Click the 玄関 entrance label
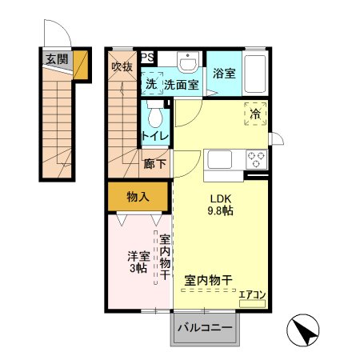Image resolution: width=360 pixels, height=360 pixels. pyautogui.click(x=56, y=58)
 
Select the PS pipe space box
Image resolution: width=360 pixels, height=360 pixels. pyautogui.click(x=148, y=57)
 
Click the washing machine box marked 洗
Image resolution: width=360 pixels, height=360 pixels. pyautogui.click(x=151, y=83)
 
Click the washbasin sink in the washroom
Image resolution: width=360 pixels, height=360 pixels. pyautogui.click(x=189, y=63)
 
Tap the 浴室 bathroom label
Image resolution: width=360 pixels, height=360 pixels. pyautogui.click(x=223, y=74)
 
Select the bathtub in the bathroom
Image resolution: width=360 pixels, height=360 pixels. pyautogui.click(x=256, y=74)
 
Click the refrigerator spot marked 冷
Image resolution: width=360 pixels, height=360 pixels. pyautogui.click(x=255, y=114)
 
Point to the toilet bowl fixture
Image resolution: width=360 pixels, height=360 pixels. pyautogui.click(x=156, y=115)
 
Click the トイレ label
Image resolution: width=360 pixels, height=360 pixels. pyautogui.click(x=155, y=137)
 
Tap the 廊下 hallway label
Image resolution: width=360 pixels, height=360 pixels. pyautogui.click(x=155, y=165)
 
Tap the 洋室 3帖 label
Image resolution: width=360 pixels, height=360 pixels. pyautogui.click(x=138, y=262)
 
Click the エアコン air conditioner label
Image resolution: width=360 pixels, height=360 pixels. pyautogui.click(x=252, y=294)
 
